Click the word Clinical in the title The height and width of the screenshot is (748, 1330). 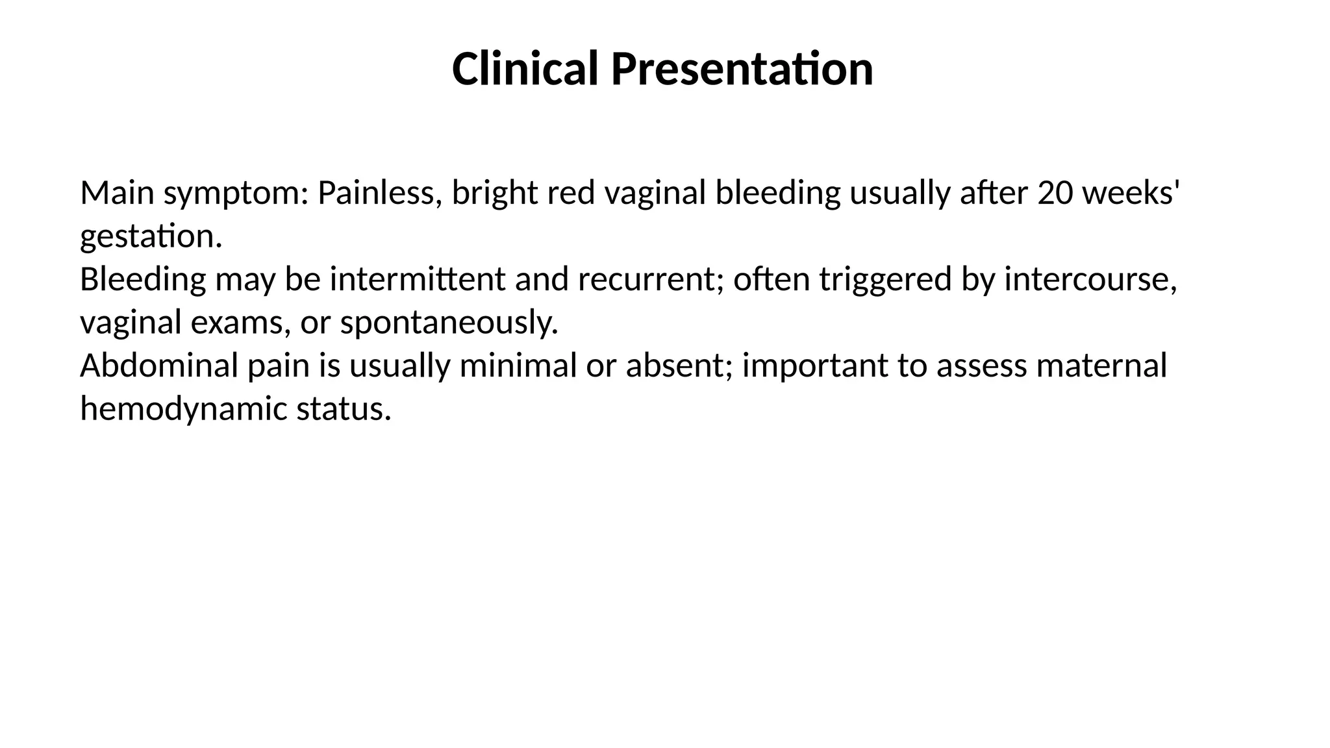coord(524,69)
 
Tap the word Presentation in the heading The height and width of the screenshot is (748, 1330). coord(742,69)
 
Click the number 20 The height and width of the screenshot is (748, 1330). coord(1055,193)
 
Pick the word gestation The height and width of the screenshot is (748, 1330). coord(151,236)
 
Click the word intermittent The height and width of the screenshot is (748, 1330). coord(417,279)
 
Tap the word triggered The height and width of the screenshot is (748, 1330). coord(885,280)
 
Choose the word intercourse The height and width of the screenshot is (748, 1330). coord(1090,279)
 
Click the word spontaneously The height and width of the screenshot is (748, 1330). coord(449,323)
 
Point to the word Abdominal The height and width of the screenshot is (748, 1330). coord(159,366)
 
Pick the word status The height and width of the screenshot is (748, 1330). coord(344,409)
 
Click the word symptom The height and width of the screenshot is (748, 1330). coord(236,194)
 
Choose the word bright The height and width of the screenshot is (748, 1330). coord(495,194)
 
